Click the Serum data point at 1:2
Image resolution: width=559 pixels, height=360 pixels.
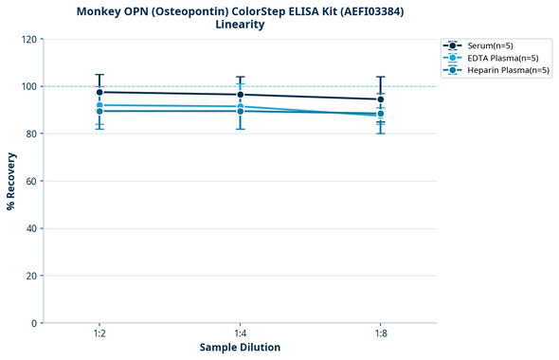99,92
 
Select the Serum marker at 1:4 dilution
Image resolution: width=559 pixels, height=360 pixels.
241,95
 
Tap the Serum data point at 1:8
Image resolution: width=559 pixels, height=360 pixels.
381,99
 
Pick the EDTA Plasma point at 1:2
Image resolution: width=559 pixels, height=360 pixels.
99,105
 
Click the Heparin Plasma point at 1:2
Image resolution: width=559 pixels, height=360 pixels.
99,112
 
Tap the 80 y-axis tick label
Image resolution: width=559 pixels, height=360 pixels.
30,134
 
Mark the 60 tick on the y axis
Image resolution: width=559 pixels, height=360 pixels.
30,181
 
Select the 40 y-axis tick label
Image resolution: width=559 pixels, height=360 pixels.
30,228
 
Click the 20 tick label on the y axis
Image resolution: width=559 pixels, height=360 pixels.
30,276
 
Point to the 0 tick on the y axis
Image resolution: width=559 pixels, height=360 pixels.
33,323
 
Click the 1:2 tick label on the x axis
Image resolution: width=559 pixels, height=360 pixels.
99,334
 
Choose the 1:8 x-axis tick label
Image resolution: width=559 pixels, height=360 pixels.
381,334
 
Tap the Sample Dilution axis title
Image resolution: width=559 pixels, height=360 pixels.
240,348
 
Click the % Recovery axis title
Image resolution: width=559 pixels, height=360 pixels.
11,181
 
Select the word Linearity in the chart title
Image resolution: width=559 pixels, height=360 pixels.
240,25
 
